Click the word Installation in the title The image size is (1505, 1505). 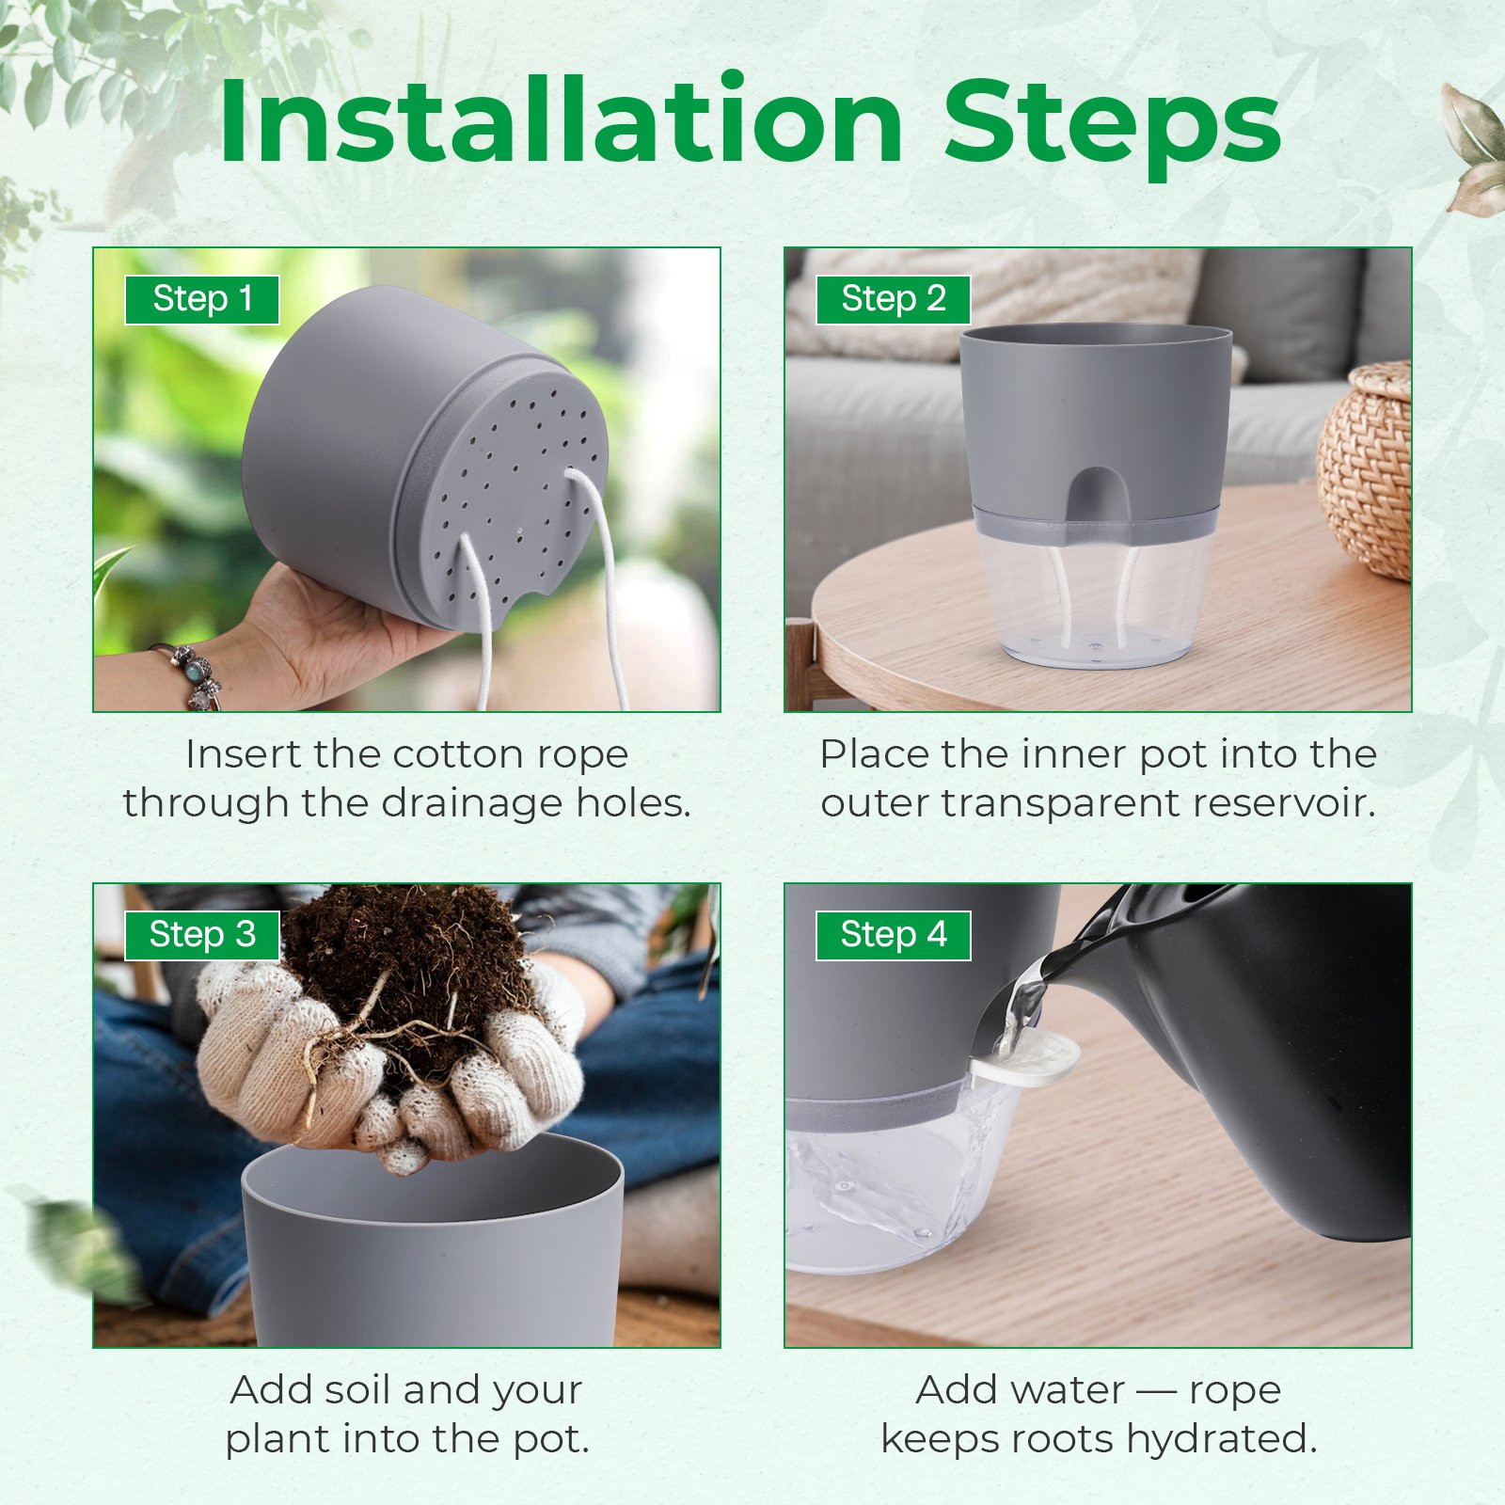[x=562, y=121]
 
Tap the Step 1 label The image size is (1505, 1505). [x=202, y=299]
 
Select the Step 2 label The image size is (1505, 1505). [x=893, y=299]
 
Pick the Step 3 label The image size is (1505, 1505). [x=202, y=935]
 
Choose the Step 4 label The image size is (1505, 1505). [x=893, y=935]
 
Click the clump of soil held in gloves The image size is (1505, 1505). [x=409, y=978]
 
